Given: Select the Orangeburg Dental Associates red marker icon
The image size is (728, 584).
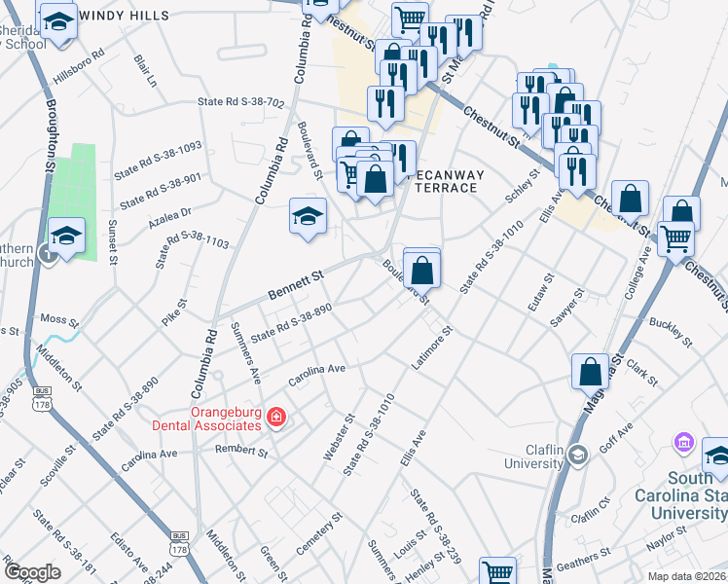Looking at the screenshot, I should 277,418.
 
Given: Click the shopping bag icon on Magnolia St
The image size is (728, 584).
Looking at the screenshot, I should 591,370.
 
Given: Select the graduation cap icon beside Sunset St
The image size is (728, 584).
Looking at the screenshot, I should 67,237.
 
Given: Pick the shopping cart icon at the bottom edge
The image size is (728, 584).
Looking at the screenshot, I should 497,573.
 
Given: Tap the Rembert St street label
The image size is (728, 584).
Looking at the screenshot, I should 241,452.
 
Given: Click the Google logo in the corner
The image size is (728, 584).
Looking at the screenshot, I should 32,572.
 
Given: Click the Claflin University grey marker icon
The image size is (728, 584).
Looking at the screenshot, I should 577,455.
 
